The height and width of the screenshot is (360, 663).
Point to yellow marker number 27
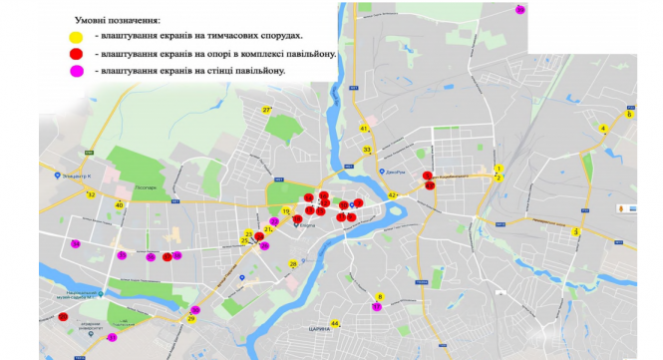pos(267,109)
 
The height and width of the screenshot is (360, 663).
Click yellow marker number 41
pos(365,129)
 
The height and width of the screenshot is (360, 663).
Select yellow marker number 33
pos(367,150)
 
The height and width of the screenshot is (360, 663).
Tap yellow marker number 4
pos(603,128)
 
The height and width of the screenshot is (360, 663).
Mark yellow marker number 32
pos(91,194)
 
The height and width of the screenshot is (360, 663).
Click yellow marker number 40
pos(120,204)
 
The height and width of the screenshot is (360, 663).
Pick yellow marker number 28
pos(293,264)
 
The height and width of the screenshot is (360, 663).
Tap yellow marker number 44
pos(335,323)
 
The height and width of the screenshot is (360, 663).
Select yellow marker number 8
pos(380,296)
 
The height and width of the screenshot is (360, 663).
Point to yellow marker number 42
pos(393,195)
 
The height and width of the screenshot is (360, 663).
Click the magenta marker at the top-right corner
pos(520,9)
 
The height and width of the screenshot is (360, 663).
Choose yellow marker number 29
pos(191,319)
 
